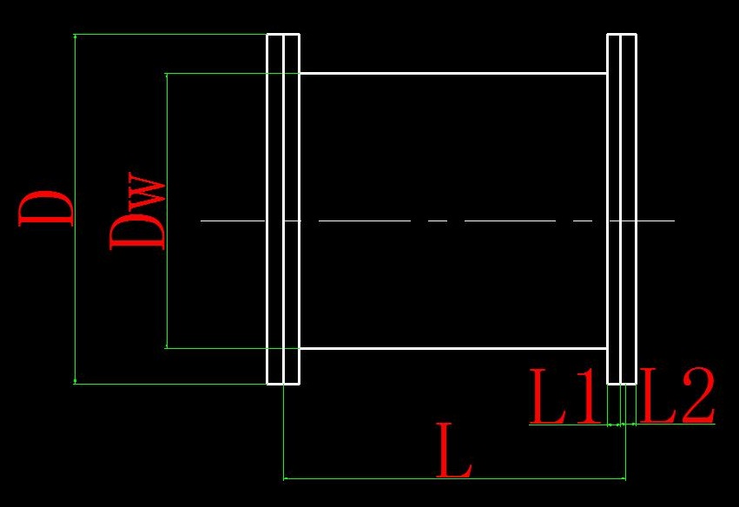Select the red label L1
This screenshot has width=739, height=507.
pyautogui.click(x=565, y=397)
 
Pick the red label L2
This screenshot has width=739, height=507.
pyautogui.click(x=677, y=397)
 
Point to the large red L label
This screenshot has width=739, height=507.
pyautogui.click(x=454, y=451)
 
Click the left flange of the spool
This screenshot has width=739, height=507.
pyautogui.click(x=283, y=208)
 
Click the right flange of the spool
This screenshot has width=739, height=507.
pyautogui.click(x=622, y=208)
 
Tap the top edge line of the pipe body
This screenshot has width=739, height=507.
pyautogui.click(x=452, y=73)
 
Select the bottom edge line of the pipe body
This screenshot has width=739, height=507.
pyautogui.click(x=452, y=348)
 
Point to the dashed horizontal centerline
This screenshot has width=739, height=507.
pyautogui.click(x=365, y=221)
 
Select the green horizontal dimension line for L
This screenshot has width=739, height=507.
pyautogui.click(x=365, y=477)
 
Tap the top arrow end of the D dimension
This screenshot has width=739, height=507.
pyautogui.click(x=76, y=36)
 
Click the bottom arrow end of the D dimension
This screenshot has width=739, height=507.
pyautogui.click(x=76, y=382)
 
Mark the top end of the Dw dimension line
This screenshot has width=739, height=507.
pyautogui.click(x=166, y=75)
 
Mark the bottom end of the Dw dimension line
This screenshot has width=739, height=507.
pyautogui.click(x=166, y=347)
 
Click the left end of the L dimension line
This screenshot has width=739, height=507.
pyautogui.click(x=285, y=477)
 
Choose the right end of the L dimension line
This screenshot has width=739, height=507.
pyautogui.click(x=625, y=477)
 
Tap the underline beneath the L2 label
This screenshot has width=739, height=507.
pyautogui.click(x=677, y=424)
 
